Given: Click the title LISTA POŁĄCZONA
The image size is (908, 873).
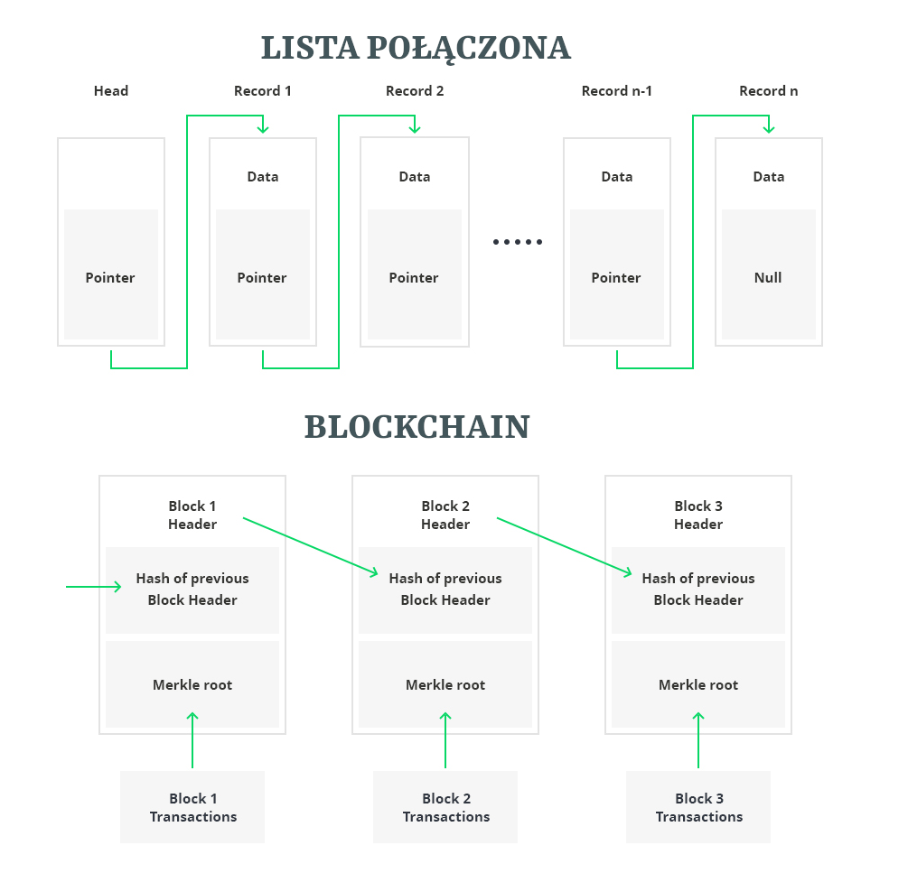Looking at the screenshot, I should click(x=416, y=48).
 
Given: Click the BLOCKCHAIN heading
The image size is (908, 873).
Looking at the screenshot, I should click(x=417, y=427).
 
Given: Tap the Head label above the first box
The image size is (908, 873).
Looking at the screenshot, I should click(x=111, y=91).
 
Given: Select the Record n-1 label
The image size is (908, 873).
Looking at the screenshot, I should click(x=617, y=91).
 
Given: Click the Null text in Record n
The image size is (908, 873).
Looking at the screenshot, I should click(x=768, y=278).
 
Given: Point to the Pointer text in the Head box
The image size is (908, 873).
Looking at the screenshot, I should click(x=110, y=278).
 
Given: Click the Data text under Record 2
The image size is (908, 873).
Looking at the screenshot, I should click(x=415, y=177).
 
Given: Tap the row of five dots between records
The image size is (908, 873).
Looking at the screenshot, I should click(x=518, y=242).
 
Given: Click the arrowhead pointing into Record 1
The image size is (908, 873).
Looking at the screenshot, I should click(x=263, y=128).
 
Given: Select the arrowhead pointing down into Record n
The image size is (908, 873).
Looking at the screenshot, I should click(x=769, y=128).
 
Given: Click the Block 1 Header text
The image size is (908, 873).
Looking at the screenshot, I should click(x=192, y=515).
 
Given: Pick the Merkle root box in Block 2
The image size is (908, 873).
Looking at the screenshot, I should click(x=445, y=684).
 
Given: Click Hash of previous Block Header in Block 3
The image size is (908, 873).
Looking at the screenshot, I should click(x=698, y=589).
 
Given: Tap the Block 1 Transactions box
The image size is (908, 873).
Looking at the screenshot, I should click(x=192, y=807).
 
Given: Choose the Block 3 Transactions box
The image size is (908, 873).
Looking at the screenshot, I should click(x=698, y=807).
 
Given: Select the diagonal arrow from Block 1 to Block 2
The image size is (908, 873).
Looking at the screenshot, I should click(x=310, y=545).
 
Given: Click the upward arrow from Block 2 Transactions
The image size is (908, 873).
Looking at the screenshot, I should click(x=445, y=740).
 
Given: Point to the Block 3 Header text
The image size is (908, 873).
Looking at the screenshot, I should click(x=698, y=515).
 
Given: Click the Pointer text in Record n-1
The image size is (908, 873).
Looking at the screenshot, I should click(x=616, y=278).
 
